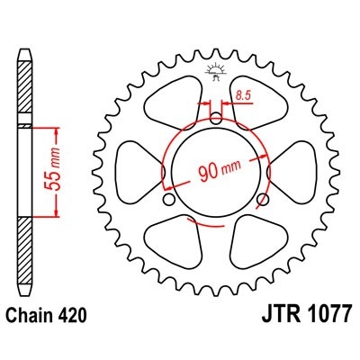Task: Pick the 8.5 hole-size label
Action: point(242,94)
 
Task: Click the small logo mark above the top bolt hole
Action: point(216,70)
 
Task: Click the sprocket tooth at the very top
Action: point(216,42)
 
